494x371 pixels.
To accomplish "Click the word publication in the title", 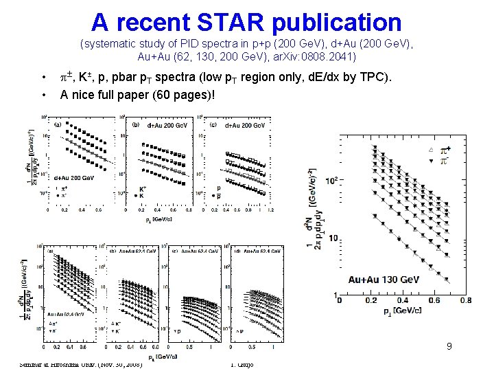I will coord(336,22).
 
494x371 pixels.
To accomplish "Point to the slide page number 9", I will coord(449,346).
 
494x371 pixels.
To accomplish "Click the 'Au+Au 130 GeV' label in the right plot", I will coord(384,280).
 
